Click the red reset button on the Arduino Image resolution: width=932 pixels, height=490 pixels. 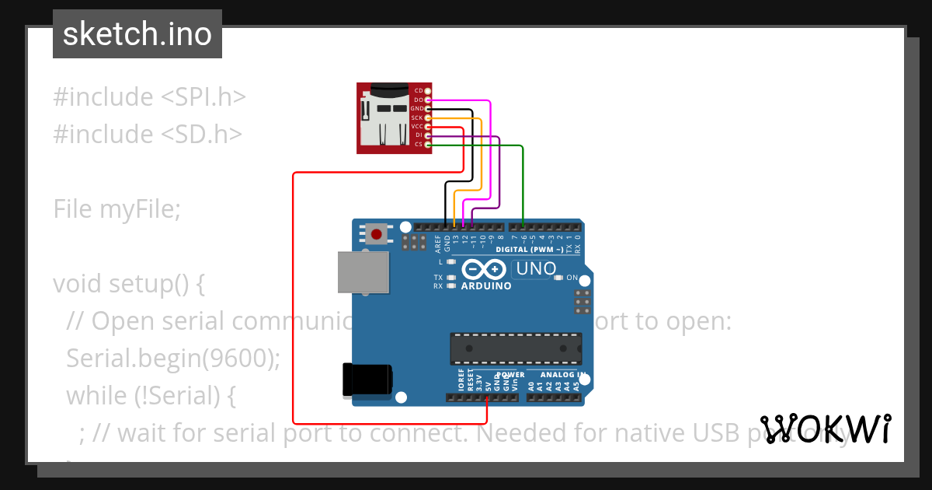click(377, 233)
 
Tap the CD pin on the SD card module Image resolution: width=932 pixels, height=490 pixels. click(427, 91)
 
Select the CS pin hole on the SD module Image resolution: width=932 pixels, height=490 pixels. click(427, 145)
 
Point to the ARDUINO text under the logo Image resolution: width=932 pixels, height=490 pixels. click(486, 286)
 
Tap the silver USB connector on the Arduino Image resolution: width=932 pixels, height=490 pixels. click(363, 272)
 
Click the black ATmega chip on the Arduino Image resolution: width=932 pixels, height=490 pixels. click(516, 348)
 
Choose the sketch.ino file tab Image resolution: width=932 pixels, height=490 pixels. click(137, 34)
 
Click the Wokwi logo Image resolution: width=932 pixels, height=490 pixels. click(825, 429)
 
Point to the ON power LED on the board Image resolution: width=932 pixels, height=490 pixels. click(561, 278)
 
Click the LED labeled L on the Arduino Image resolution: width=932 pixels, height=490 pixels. click(450, 262)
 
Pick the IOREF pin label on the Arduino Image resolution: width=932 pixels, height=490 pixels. click(461, 380)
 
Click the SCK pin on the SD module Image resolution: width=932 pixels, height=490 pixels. click(427, 117)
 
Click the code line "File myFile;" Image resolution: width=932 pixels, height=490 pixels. click(116, 208)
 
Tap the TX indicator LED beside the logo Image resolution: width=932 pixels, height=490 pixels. click(450, 278)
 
